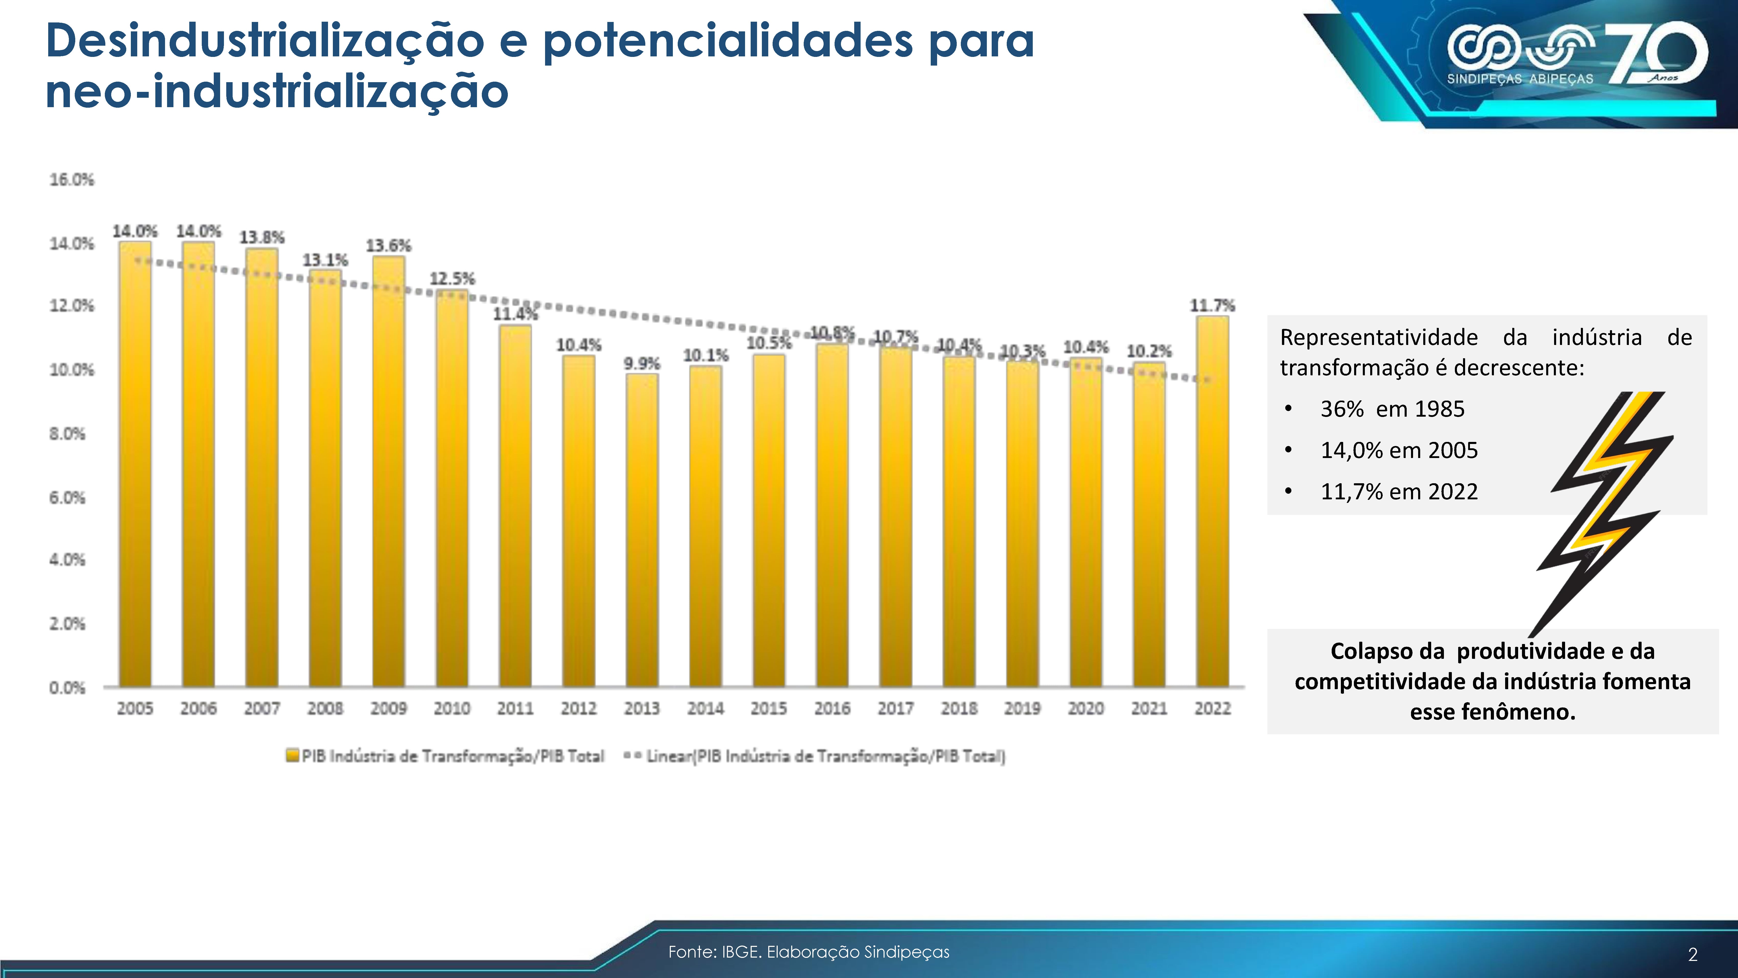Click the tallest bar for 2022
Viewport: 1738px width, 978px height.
[1212, 501]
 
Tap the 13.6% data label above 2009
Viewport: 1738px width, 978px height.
[389, 246]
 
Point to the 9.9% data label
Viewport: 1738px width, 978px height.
[642, 364]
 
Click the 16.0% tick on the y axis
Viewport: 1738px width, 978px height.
[71, 180]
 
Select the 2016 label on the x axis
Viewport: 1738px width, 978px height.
[832, 709]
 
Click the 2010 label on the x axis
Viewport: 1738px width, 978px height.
[451, 709]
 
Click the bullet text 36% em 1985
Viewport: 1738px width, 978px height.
[1393, 409]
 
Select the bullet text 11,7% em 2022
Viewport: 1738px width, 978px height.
[1399, 491]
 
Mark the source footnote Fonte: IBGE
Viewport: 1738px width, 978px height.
[808, 952]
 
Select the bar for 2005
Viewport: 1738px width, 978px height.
[135, 464]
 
